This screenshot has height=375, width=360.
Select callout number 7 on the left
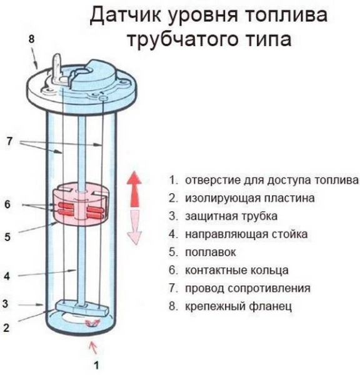tap(9, 142)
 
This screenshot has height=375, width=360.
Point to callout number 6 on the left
tap(7, 205)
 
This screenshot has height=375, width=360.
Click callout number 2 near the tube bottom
tap(7, 326)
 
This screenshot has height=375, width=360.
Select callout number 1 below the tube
tap(96, 364)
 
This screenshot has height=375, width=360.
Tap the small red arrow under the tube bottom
tap(94, 344)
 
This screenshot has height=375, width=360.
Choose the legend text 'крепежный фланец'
tap(237, 307)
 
